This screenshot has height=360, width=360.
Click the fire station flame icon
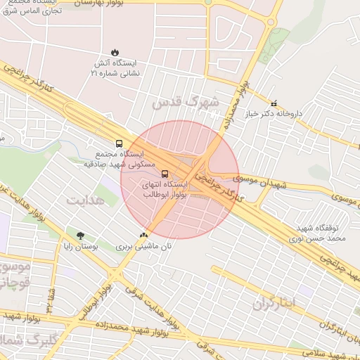click(115, 53)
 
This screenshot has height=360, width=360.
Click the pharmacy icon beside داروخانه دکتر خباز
click(274, 103)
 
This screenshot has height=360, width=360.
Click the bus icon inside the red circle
click(165, 174)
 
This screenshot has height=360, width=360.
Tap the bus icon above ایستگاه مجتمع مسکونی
click(119, 143)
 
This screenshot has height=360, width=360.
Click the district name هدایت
click(85, 201)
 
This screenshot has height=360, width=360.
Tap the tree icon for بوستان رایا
click(80, 236)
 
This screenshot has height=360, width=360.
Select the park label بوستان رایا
click(79, 247)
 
